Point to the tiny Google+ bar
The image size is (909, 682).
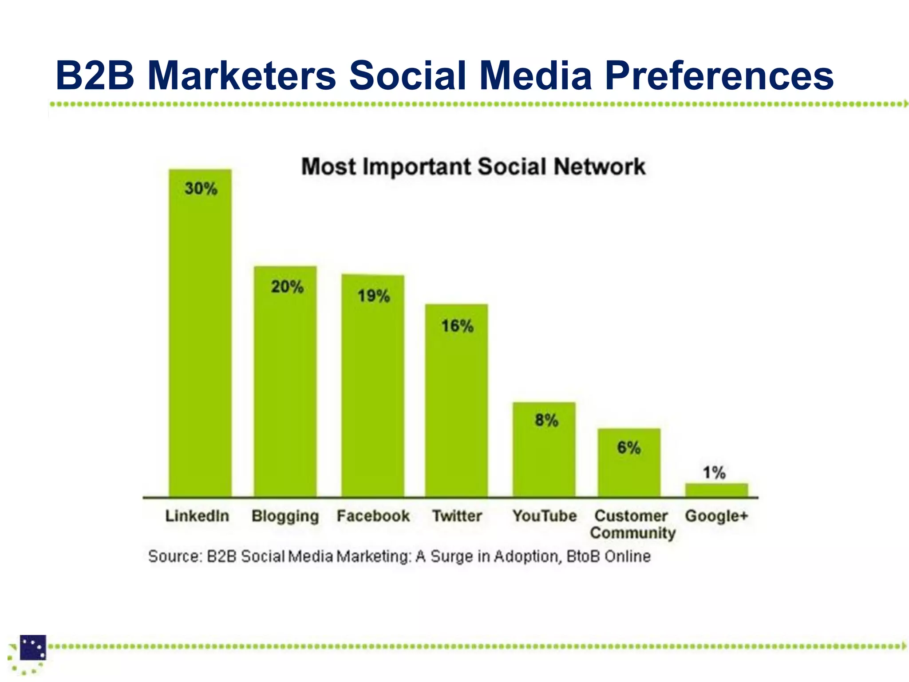[x=716, y=490]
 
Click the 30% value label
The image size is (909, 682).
[x=201, y=189]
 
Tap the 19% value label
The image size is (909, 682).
[x=374, y=296]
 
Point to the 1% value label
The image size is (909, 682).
[x=714, y=472]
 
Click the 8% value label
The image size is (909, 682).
[x=546, y=420]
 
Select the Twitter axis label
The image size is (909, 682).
[x=457, y=516]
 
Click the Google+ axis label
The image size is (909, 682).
[x=716, y=516]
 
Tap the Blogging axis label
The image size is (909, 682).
[x=285, y=516]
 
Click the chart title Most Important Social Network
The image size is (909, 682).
[x=473, y=167]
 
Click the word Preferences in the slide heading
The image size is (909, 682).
[x=719, y=75]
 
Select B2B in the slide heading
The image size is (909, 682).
[x=95, y=75]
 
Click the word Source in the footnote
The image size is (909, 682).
[x=175, y=556]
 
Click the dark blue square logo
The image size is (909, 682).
[x=33, y=647]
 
